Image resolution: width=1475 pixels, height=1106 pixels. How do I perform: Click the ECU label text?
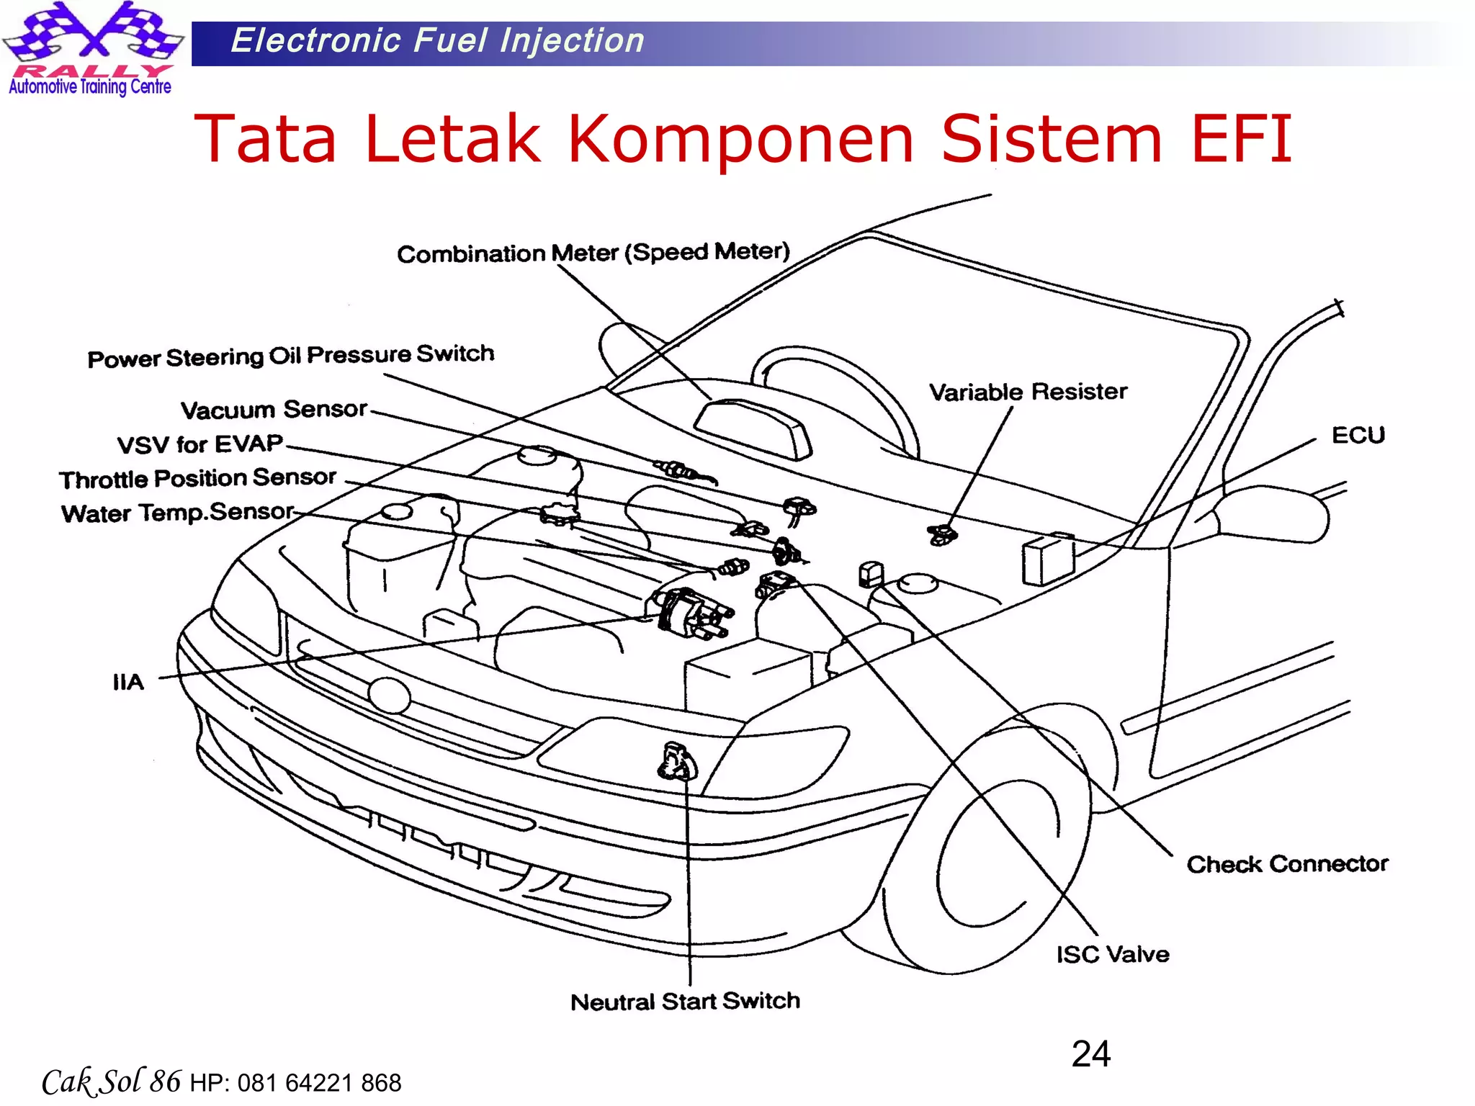click(1358, 436)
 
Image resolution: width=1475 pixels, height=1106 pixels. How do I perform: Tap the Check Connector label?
click(1287, 864)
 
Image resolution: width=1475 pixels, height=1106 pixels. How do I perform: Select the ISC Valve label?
click(1113, 955)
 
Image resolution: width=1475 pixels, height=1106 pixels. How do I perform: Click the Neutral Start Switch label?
click(685, 1002)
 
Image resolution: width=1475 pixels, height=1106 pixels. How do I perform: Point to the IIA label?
click(128, 682)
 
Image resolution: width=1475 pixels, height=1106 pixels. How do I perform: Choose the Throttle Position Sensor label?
click(197, 478)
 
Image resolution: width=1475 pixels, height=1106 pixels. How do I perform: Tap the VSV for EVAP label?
click(200, 444)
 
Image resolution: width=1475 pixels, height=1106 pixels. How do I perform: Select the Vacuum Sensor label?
click(274, 410)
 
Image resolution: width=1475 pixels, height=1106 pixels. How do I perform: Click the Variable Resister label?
click(1028, 392)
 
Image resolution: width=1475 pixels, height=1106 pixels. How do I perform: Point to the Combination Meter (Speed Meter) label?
click(593, 253)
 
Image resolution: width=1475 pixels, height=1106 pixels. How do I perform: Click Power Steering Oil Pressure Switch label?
click(291, 356)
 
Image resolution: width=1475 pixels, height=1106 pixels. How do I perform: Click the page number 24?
click(1090, 1054)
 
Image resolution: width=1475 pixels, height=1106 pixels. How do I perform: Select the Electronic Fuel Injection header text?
click(437, 41)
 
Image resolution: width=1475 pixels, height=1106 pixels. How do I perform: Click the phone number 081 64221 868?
click(319, 1083)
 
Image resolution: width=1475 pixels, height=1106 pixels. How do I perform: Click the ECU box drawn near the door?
click(1047, 559)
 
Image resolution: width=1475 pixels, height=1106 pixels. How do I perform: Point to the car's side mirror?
click(1271, 513)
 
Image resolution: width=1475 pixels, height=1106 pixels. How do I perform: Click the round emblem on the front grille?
click(389, 696)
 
